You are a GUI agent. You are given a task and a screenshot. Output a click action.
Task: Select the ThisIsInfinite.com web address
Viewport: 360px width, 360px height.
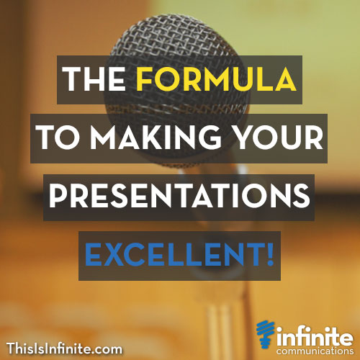65,349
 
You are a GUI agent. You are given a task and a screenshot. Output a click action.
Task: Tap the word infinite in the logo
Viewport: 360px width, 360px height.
311,332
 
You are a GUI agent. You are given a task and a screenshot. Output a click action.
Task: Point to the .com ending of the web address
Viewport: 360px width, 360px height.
109,349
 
